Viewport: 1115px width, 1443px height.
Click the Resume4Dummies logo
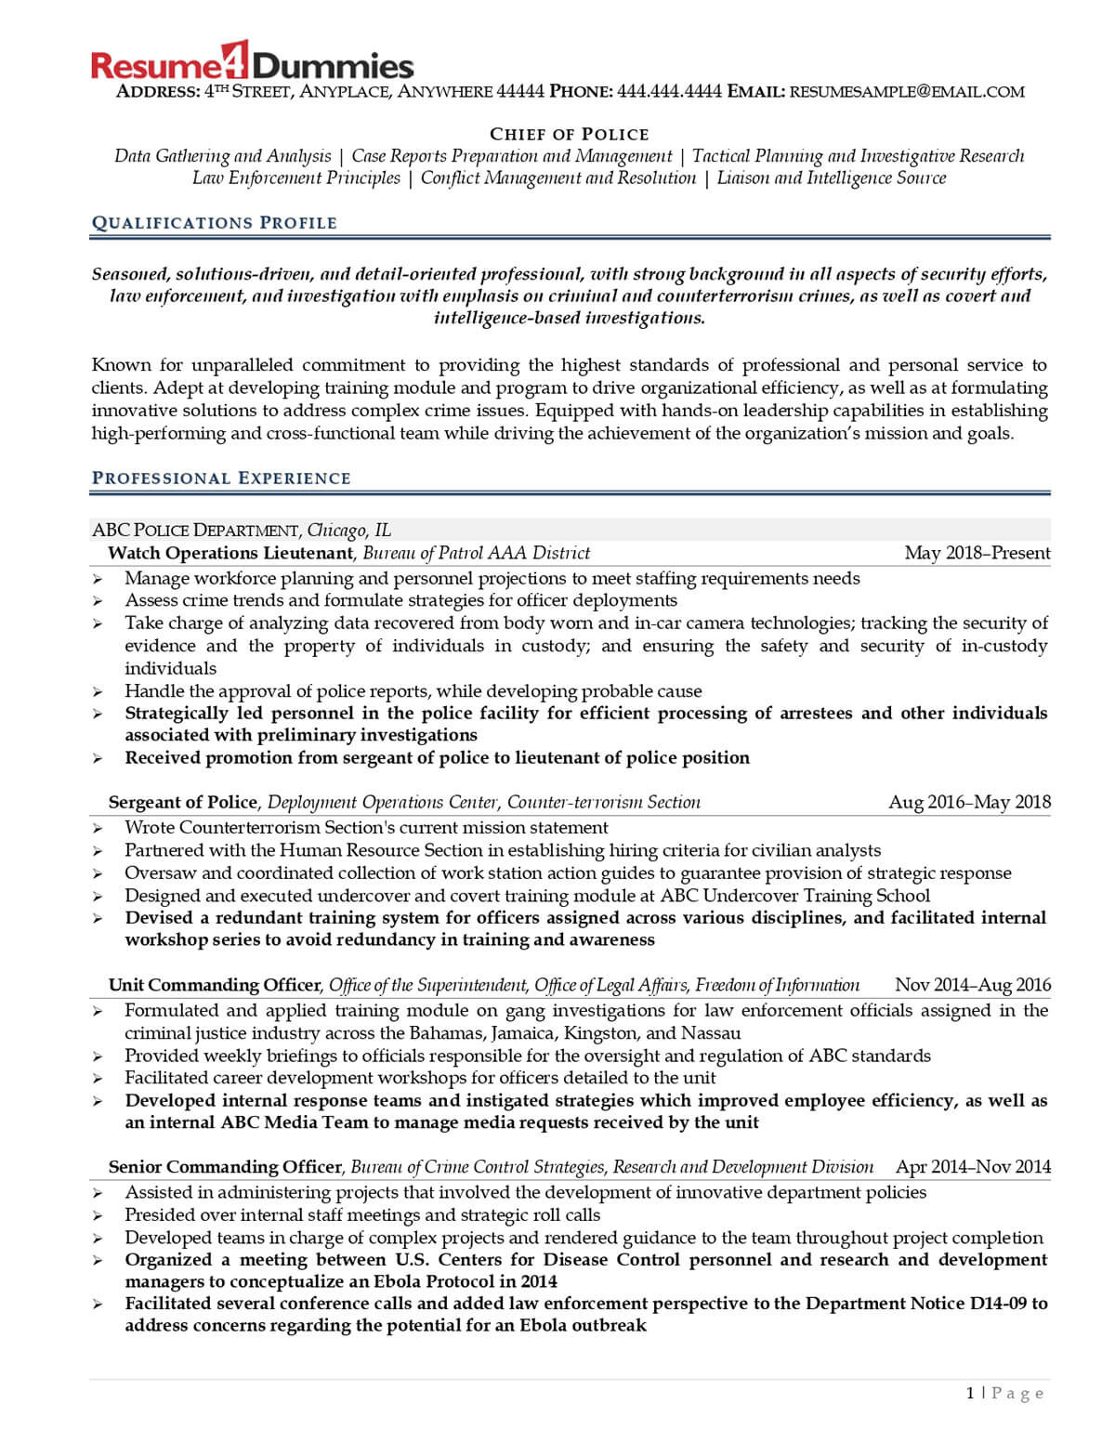coord(252,64)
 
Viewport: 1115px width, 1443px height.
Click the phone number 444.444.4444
coord(669,92)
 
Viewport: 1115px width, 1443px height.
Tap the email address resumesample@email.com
coord(907,92)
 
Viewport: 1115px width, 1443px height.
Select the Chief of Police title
coord(569,134)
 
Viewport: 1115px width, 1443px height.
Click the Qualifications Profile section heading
coord(214,223)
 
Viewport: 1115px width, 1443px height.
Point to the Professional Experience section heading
coord(221,479)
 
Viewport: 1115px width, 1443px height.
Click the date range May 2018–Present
coord(977,553)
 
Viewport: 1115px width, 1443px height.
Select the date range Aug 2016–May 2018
coord(969,802)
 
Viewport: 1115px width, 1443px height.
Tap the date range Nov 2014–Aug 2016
coord(972,985)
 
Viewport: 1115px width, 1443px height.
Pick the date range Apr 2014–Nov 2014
coord(973,1167)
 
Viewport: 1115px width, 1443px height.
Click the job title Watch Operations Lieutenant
coord(230,553)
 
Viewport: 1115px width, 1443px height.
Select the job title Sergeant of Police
coord(182,802)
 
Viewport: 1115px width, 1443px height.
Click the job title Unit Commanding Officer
coord(215,985)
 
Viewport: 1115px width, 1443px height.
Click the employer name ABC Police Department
coord(195,531)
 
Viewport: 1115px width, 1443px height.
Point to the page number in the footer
coord(971,1393)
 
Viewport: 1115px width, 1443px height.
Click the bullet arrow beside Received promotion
coord(98,759)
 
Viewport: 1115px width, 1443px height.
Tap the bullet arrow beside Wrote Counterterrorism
coord(98,829)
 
